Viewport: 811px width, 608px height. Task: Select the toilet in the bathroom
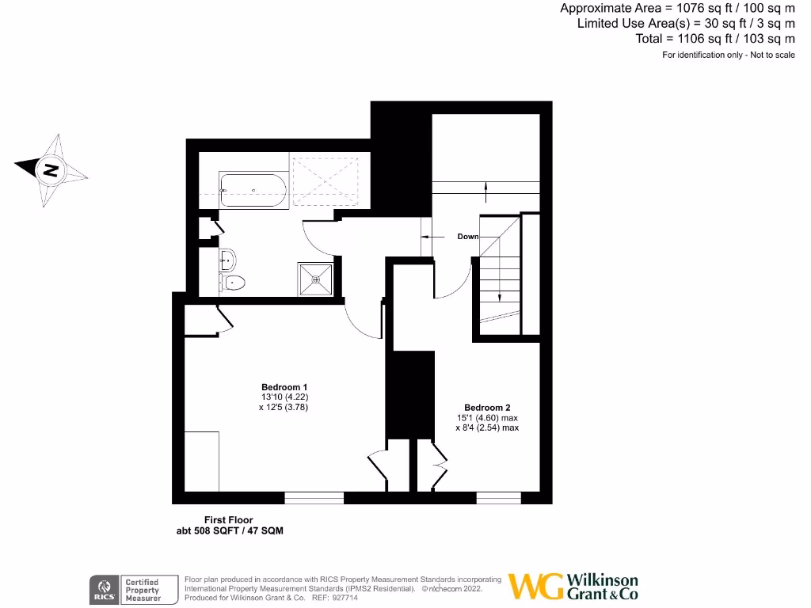pyautogui.click(x=235, y=283)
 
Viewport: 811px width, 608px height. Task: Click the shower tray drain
pyautogui.click(x=316, y=279)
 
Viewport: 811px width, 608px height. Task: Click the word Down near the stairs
pyautogui.click(x=468, y=237)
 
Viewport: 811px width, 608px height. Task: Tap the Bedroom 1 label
pyautogui.click(x=284, y=387)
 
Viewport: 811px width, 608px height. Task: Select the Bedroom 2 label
pyautogui.click(x=487, y=407)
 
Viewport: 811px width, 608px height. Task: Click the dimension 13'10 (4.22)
pyautogui.click(x=284, y=397)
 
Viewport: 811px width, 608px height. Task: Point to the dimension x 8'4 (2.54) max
pyautogui.click(x=487, y=427)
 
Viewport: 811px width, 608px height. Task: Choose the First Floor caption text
pyautogui.click(x=229, y=520)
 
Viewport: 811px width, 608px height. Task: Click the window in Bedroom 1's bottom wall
pyautogui.click(x=314, y=498)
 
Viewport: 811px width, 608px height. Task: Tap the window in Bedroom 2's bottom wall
pyautogui.click(x=499, y=498)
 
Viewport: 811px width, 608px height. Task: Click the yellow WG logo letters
pyautogui.click(x=535, y=587)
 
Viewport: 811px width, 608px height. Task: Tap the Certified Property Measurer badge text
pyautogui.click(x=143, y=590)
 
